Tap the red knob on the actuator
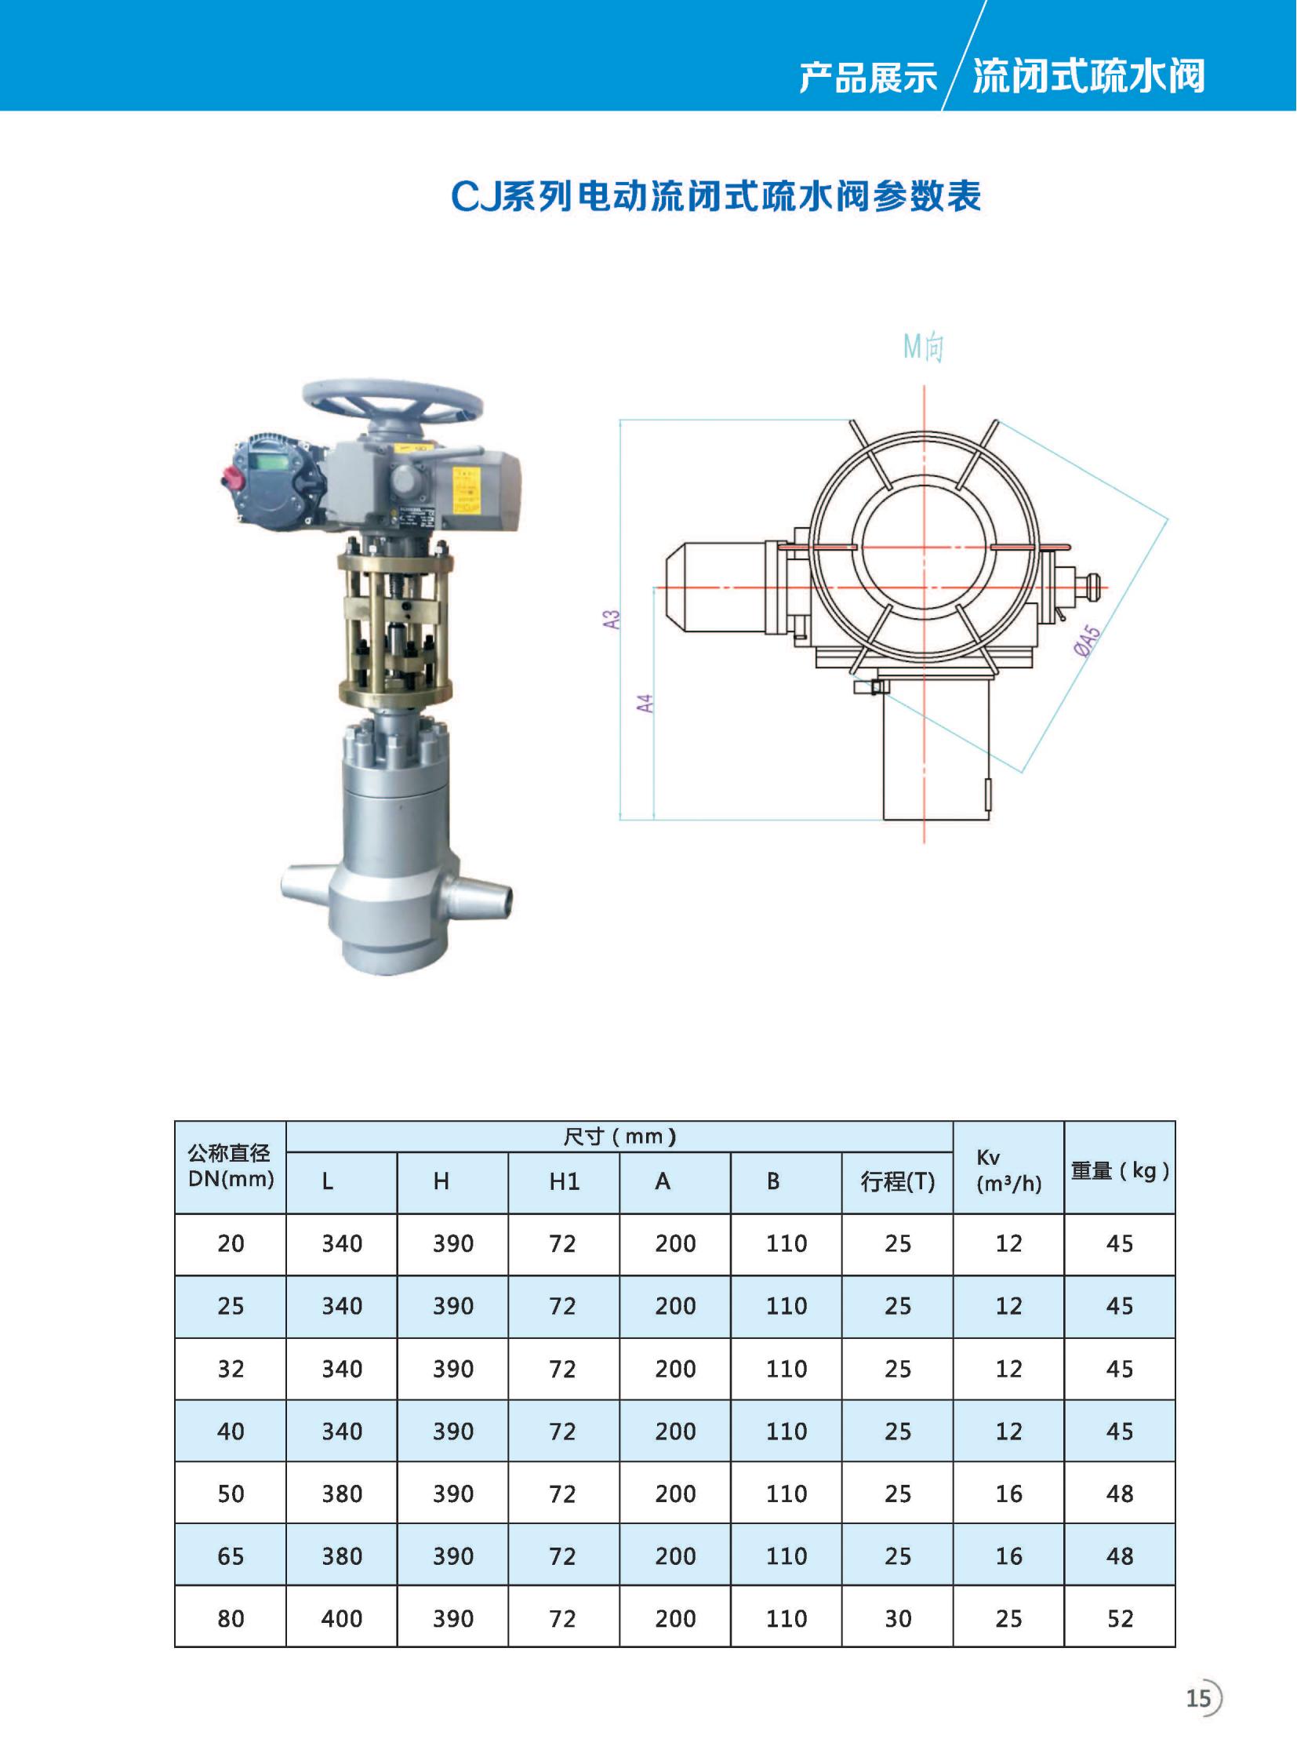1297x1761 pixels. pyautogui.click(x=231, y=476)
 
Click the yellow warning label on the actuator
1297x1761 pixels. pyautogui.click(x=467, y=491)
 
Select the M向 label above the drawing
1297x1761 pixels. pyautogui.click(x=923, y=347)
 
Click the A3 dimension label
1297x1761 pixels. pyautogui.click(x=612, y=619)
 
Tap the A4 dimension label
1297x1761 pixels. pyautogui.click(x=645, y=703)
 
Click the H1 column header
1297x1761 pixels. pyautogui.click(x=564, y=1182)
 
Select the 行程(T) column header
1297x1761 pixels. pyautogui.click(x=897, y=1181)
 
